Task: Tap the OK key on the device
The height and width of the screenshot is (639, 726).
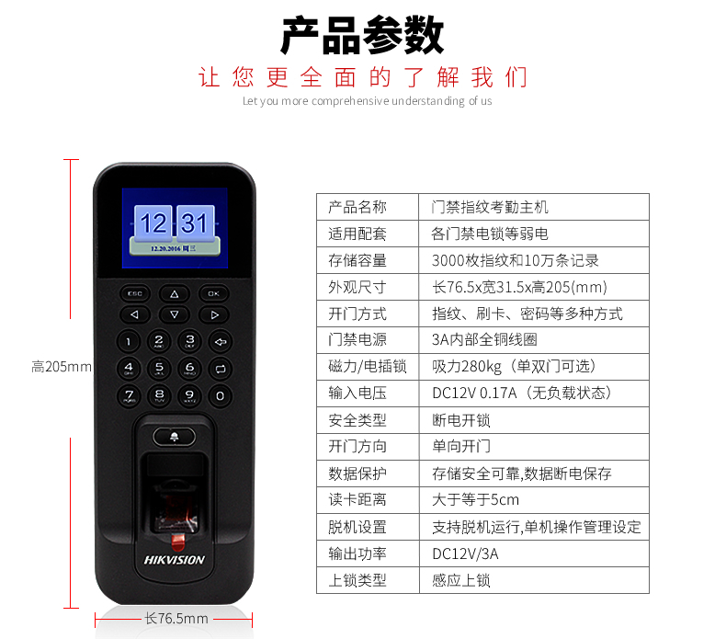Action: point(213,293)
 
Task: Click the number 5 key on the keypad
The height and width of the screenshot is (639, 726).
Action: point(159,369)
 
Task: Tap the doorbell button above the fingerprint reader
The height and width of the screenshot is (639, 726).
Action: point(174,437)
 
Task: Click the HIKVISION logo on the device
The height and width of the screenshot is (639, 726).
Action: point(174,560)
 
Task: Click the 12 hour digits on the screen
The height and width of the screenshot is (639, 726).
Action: point(153,223)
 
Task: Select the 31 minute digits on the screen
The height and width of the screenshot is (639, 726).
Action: point(195,223)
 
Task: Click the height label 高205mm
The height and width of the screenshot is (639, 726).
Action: point(62,367)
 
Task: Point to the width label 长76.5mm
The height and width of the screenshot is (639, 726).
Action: point(176,618)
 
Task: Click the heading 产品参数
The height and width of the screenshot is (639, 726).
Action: point(362,35)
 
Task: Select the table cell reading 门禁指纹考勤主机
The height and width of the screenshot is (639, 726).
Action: point(490,207)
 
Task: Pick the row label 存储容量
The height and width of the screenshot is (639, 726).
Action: point(357,260)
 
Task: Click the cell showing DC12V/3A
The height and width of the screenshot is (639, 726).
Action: point(465,553)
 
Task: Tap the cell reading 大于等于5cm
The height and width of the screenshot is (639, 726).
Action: point(475,499)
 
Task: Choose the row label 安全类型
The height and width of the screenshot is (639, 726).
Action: point(357,420)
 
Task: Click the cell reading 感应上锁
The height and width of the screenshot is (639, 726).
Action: point(461,580)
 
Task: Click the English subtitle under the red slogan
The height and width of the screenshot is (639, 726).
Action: point(368,101)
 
